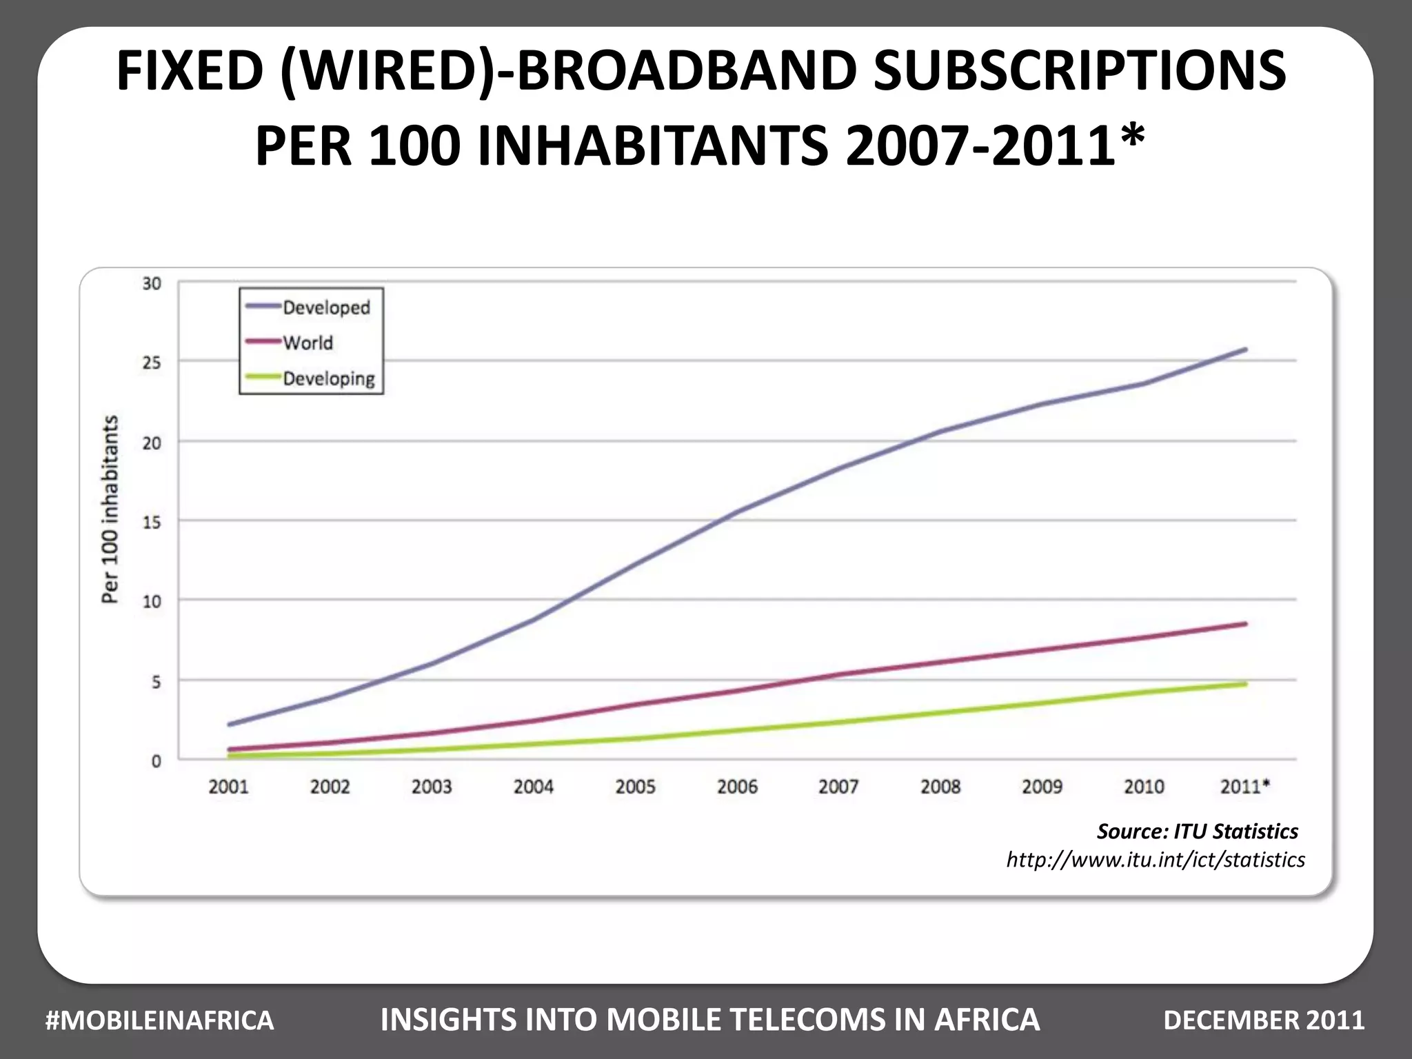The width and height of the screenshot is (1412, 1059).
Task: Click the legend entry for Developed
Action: (x=325, y=307)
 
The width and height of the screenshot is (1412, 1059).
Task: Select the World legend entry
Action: (x=307, y=343)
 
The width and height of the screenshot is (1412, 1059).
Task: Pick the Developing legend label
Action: (x=329, y=379)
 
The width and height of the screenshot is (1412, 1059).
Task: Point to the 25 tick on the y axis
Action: (x=152, y=363)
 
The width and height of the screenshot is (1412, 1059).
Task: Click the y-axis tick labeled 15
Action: (x=152, y=522)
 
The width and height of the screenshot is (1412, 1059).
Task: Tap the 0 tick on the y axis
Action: (x=156, y=761)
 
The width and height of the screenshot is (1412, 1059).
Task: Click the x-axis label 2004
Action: (x=533, y=787)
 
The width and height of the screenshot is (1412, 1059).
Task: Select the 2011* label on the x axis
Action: (x=1244, y=787)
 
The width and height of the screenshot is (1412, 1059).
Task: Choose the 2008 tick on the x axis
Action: (x=940, y=787)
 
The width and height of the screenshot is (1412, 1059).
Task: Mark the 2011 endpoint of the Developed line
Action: (x=1245, y=350)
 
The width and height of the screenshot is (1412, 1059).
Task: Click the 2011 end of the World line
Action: (x=1245, y=624)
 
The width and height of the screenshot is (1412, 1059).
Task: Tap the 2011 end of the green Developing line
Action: (x=1245, y=684)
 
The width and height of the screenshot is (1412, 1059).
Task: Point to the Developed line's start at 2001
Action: (x=229, y=724)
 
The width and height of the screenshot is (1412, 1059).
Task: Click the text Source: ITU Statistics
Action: (x=1198, y=831)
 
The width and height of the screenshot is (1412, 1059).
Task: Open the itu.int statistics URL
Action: (x=1156, y=860)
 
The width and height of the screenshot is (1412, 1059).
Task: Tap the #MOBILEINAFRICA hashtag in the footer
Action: (x=159, y=1020)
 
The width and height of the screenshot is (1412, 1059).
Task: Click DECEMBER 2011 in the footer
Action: (x=1264, y=1020)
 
